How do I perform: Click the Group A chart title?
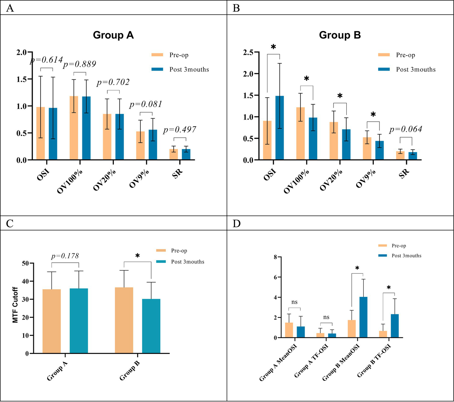(113, 35)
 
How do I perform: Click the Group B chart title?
(340, 35)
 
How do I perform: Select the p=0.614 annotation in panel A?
(46, 60)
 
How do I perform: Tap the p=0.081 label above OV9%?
(146, 104)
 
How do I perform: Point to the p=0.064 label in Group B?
(406, 129)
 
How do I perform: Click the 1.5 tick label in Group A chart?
(22, 79)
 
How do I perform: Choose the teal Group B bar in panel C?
(151, 326)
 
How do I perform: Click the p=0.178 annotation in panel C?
(65, 256)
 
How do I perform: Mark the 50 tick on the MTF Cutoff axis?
(25, 263)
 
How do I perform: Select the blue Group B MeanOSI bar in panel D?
(363, 317)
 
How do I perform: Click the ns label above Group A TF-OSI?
(326, 317)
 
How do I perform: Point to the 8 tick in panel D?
(275, 257)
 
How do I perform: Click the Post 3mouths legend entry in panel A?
(189, 69)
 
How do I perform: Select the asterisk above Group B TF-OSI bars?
(389, 288)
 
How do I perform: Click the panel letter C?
(10, 223)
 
